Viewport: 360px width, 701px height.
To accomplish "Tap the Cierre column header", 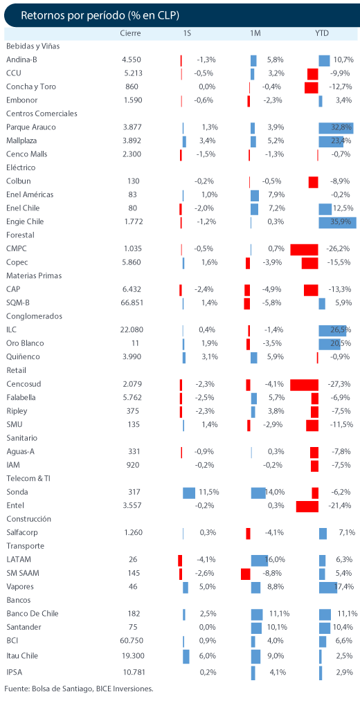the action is (x=131, y=33).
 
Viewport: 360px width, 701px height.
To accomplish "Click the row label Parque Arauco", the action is (x=31, y=127).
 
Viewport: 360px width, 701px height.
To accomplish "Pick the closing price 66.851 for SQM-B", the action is (x=132, y=302).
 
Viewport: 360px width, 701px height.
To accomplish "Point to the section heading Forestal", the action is (x=21, y=235).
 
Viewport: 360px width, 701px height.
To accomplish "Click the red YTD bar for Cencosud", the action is (x=304, y=384).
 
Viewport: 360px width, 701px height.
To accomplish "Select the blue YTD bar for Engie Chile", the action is (x=337, y=221).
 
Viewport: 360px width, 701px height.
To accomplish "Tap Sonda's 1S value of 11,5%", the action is (x=208, y=492).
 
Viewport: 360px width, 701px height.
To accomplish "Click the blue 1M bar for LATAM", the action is (x=260, y=560).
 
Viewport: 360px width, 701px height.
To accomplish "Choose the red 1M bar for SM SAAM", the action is (x=246, y=573).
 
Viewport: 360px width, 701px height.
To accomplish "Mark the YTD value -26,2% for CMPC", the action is (x=339, y=249).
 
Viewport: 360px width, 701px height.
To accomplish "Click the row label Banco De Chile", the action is (x=33, y=614).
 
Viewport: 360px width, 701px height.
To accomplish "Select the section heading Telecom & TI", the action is (x=28, y=479).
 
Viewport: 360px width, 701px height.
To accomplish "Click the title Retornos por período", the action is (x=73, y=15).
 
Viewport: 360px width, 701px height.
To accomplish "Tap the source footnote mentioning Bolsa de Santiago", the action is (x=79, y=689).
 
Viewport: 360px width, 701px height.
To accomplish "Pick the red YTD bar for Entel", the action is (x=307, y=506).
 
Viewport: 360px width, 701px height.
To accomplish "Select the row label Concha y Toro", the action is (x=31, y=87).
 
